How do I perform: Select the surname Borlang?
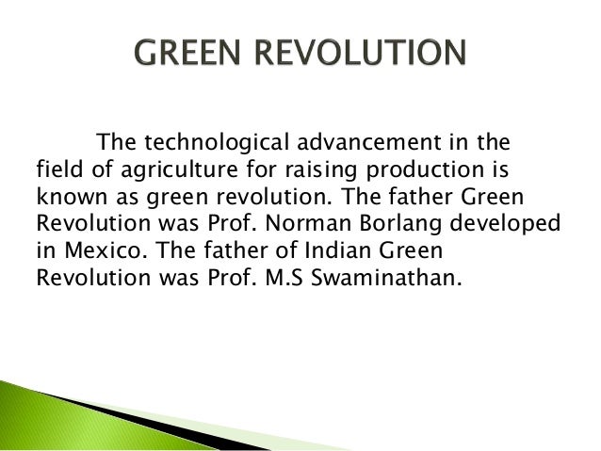click(405, 227)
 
